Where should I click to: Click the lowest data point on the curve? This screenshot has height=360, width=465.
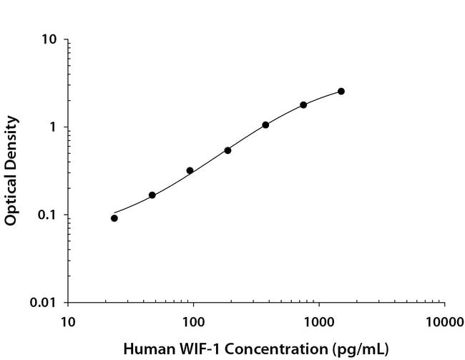(x=114, y=218)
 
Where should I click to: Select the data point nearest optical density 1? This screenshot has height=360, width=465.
(x=265, y=125)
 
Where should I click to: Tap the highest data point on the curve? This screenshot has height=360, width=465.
(x=341, y=92)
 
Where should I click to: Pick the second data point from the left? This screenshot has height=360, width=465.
(x=152, y=195)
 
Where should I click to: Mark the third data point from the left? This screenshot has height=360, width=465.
(x=190, y=170)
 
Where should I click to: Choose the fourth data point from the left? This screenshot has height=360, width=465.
(x=227, y=150)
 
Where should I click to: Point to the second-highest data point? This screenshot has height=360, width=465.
(x=303, y=104)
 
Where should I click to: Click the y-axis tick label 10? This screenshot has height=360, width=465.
(x=49, y=40)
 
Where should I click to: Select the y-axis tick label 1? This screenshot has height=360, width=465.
(x=53, y=127)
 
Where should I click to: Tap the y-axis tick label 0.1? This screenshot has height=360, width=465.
(x=47, y=215)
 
